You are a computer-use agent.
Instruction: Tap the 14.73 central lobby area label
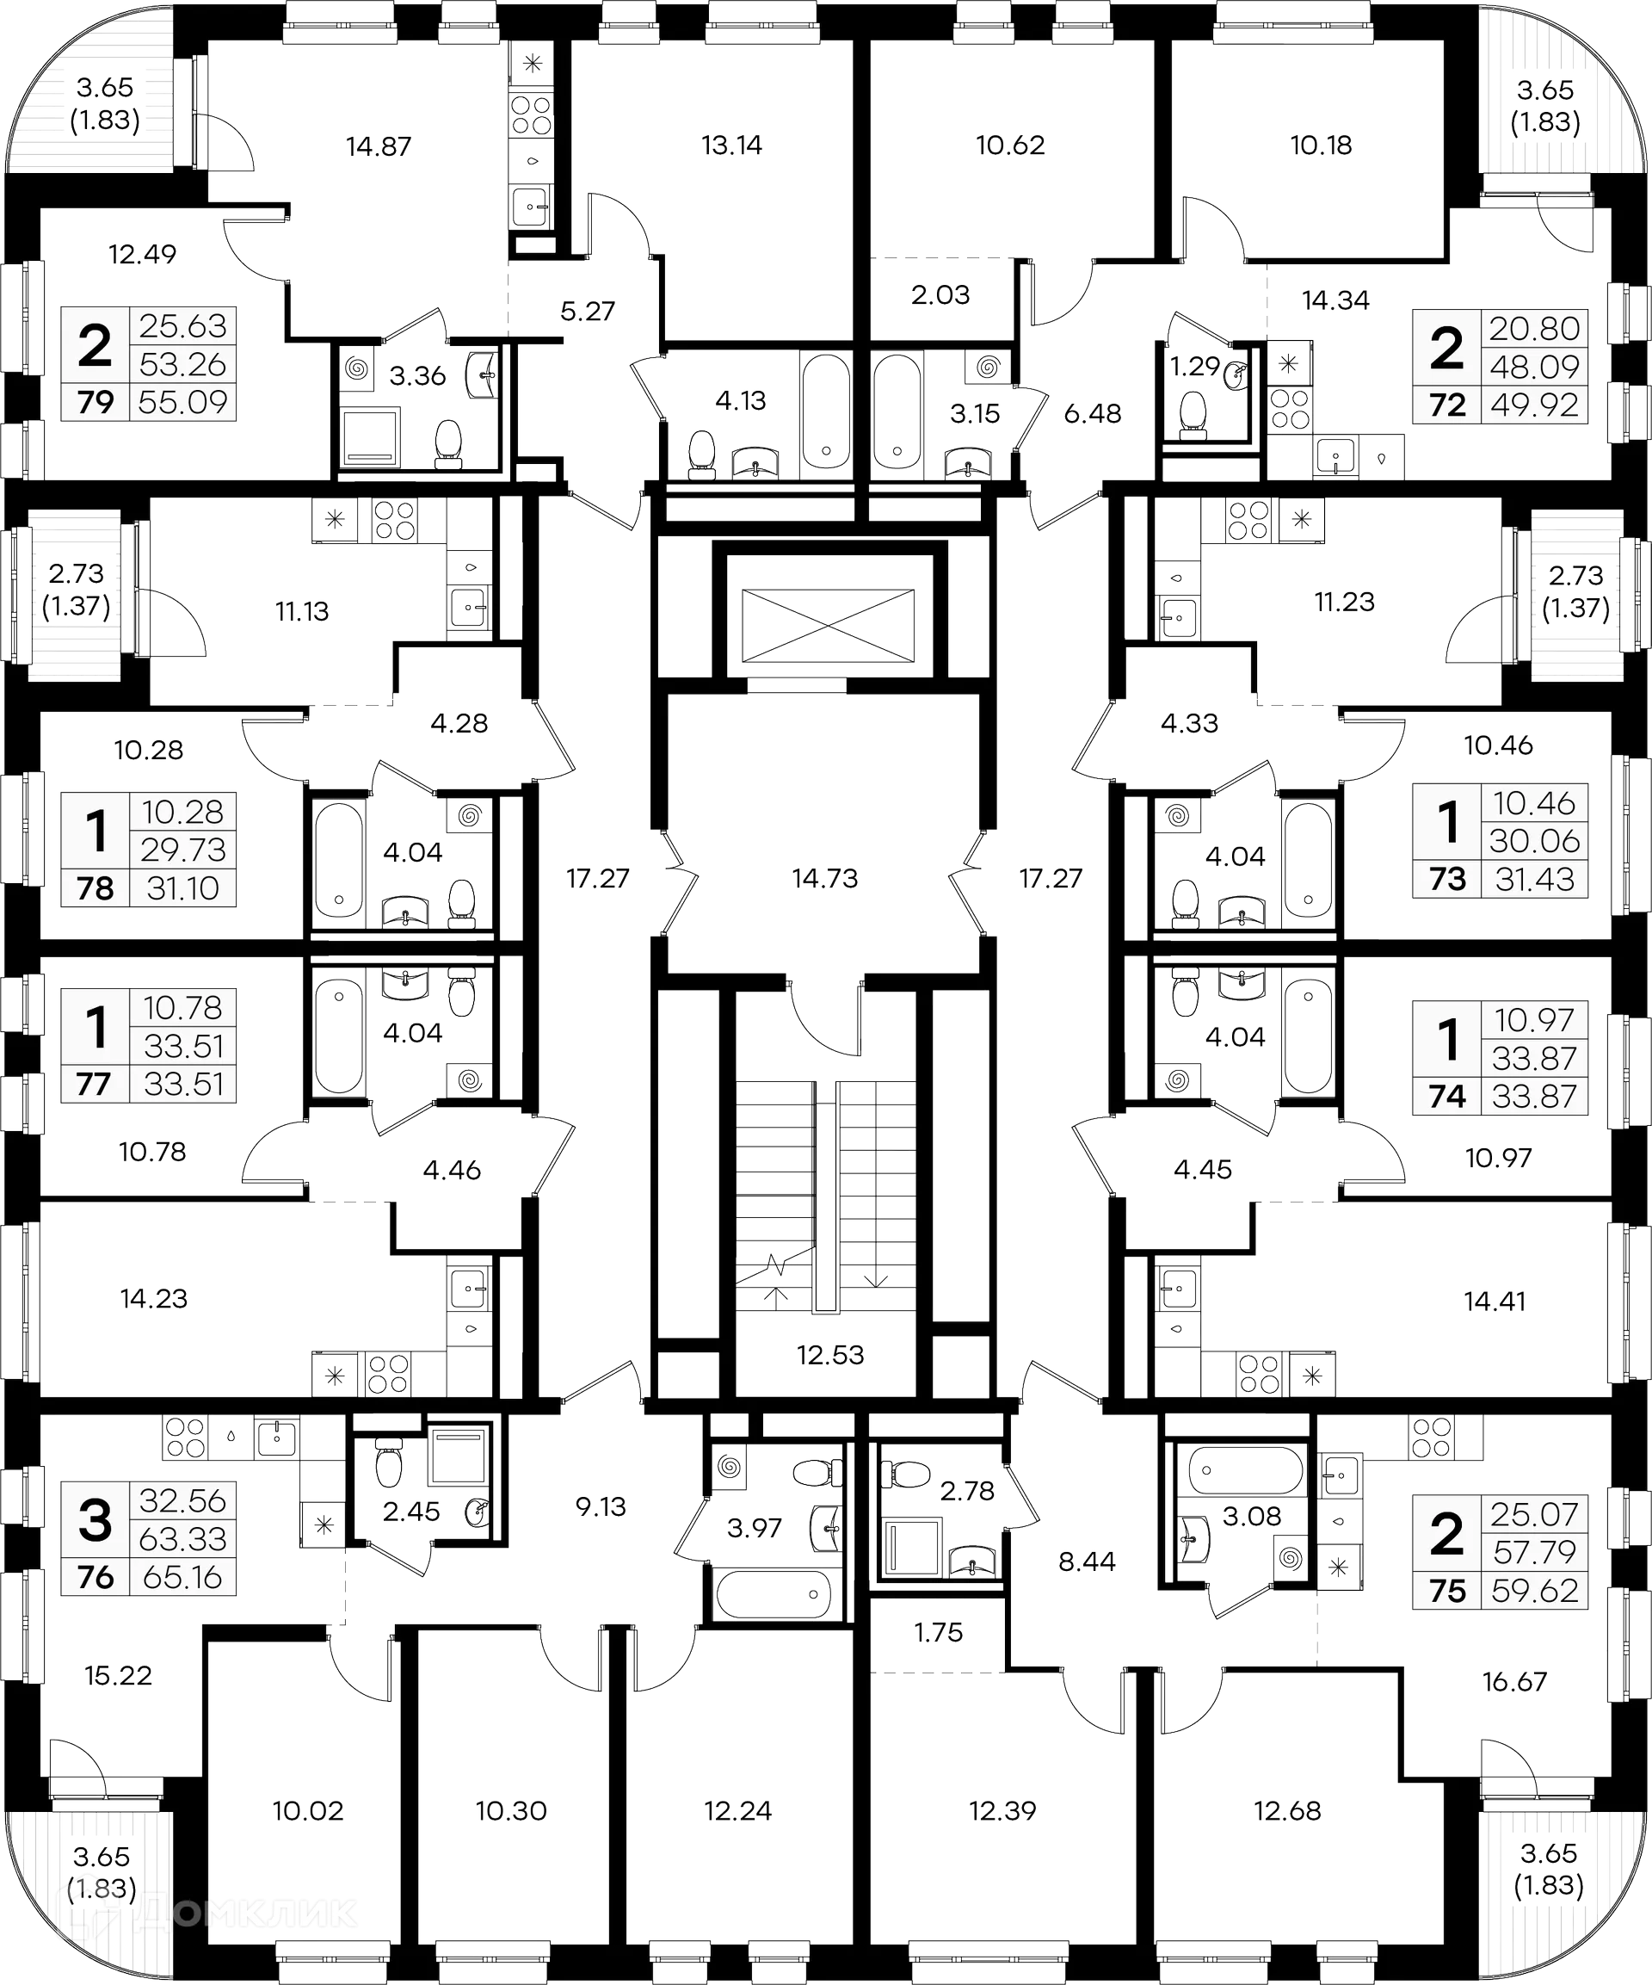[x=825, y=878]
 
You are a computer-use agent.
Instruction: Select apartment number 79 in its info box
[x=96, y=402]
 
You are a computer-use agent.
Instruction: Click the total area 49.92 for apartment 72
[x=1534, y=405]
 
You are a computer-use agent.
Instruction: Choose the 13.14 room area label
[x=733, y=145]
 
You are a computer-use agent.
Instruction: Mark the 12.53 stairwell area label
[x=830, y=1356]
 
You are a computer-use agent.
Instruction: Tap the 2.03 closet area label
[x=940, y=295]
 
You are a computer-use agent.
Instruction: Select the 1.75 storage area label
[x=939, y=1634]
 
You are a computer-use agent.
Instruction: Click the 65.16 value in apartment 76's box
[x=182, y=1578]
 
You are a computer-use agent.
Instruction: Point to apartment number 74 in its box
[x=1447, y=1097]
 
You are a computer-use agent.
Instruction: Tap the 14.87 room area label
[x=378, y=146]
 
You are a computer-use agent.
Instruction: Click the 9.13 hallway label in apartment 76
[x=601, y=1506]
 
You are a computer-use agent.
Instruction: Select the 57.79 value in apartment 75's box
[x=1534, y=1552]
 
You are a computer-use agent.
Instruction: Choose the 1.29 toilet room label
[x=1194, y=365]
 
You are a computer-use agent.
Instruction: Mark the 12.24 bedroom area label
[x=738, y=1811]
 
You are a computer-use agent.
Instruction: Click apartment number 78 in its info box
[x=96, y=888]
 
